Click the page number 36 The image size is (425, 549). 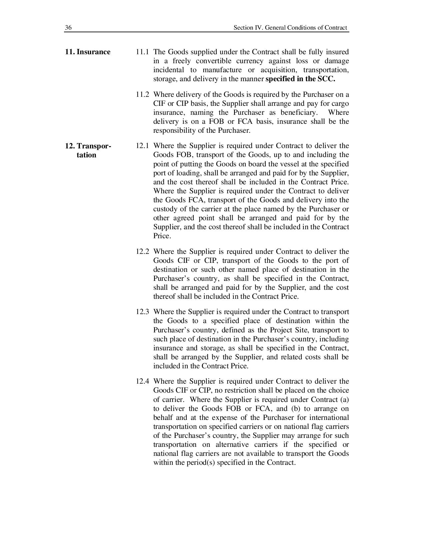tap(68, 28)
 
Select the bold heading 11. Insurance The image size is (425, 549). tap(88, 52)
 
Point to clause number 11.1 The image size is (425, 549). tap(142, 52)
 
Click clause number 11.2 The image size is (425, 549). tap(142, 94)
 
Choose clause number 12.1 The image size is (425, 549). tap(142, 146)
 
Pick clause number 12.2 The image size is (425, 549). tap(142, 252)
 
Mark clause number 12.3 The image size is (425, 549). tap(142, 312)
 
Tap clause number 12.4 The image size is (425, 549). tap(142, 381)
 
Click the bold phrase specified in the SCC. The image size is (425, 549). tap(300, 79)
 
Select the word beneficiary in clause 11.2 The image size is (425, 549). tap(296, 112)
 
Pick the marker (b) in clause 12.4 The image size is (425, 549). tap(292, 409)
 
